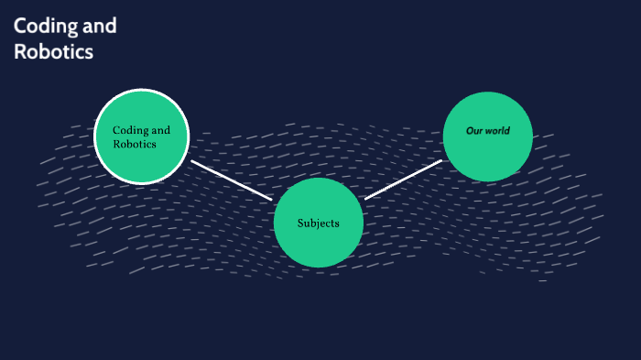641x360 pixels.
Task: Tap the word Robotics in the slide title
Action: click(53, 52)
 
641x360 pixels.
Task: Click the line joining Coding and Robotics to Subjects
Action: click(232, 180)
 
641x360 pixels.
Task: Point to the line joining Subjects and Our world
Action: click(403, 180)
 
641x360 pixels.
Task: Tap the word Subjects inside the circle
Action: click(319, 224)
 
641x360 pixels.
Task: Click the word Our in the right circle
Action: click(474, 131)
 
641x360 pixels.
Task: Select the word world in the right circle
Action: click(497, 131)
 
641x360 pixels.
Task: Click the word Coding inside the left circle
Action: click(129, 130)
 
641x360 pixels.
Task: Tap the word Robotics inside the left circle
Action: click(134, 144)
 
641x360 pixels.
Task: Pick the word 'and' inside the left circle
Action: click(160, 130)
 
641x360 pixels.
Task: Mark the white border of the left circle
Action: click(142, 90)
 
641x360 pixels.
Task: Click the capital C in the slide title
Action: click(20, 27)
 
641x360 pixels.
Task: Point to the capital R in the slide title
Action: click(20, 52)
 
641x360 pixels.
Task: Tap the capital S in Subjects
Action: click(300, 224)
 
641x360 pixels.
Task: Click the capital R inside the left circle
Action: click(116, 144)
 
